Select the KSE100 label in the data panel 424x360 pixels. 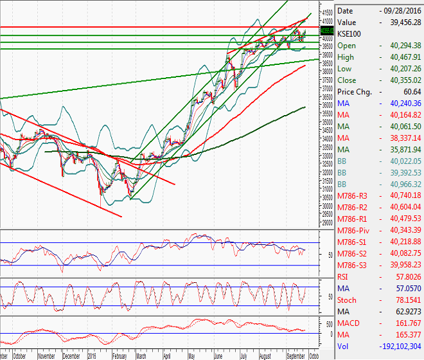coord(351,34)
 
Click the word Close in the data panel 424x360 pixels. coord(348,80)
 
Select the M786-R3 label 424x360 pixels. coord(353,195)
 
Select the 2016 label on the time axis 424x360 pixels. coord(93,355)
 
